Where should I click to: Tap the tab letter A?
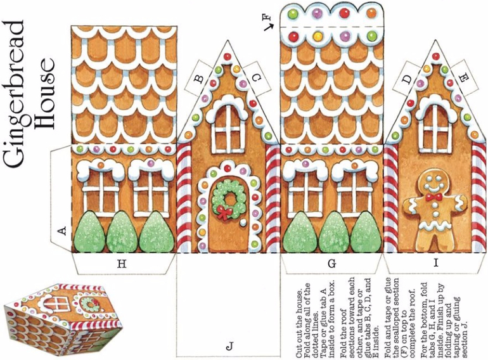pos(63,231)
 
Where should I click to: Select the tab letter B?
pos(199,79)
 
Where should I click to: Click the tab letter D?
pos(406,80)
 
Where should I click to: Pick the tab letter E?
pos(463,77)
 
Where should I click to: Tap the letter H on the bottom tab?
pos(122,264)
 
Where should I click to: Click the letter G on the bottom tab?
pos(332,264)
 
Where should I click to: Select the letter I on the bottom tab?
pos(436,263)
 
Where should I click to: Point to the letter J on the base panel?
pos(229,346)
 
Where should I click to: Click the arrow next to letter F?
pos(269,27)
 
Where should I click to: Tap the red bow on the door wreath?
pos(225,212)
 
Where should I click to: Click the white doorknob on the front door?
pos(243,222)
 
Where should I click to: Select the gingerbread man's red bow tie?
pos(434,197)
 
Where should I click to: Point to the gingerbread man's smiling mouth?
pos(434,187)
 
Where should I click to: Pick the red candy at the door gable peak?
pos(228,56)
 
